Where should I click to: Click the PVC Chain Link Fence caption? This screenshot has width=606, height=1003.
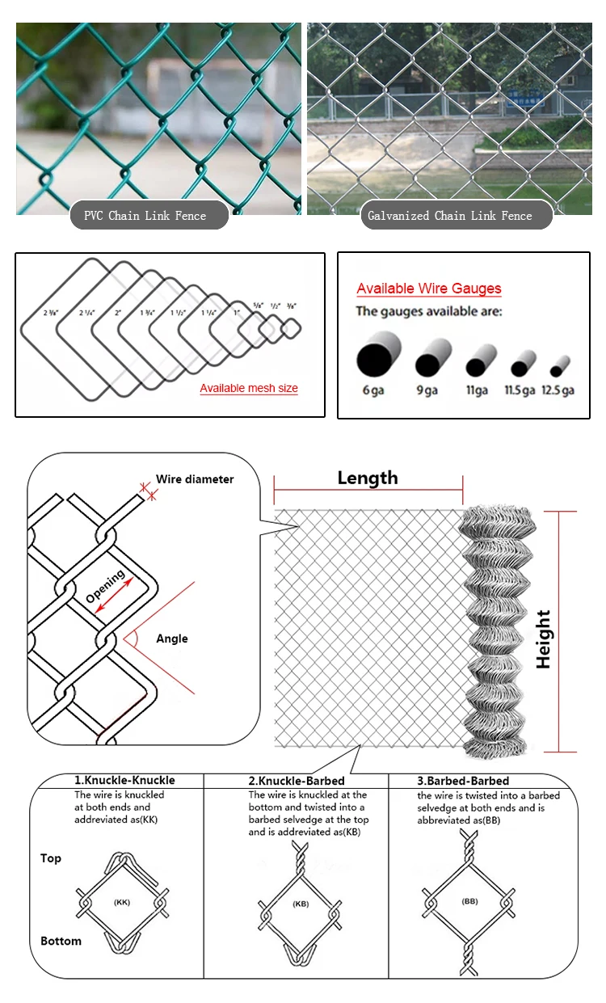click(x=145, y=216)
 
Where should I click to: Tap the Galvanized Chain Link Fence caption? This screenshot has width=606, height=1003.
click(x=450, y=216)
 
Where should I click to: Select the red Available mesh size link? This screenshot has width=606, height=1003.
click(x=249, y=389)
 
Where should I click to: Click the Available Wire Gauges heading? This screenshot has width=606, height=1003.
click(x=429, y=289)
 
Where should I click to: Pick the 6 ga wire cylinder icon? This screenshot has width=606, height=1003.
click(x=378, y=358)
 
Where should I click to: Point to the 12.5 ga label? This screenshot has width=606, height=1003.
click(x=557, y=390)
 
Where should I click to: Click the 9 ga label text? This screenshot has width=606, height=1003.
click(x=427, y=390)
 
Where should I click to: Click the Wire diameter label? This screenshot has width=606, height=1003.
click(x=195, y=479)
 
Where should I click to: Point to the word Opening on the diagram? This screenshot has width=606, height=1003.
click(x=105, y=586)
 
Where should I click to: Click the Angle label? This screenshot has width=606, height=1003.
click(x=172, y=638)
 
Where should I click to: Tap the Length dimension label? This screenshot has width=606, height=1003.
click(x=368, y=478)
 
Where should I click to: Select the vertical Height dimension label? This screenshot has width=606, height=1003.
click(x=544, y=638)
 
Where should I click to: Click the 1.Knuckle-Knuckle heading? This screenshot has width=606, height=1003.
click(x=124, y=781)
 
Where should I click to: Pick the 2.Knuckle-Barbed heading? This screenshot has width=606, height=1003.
click(x=296, y=781)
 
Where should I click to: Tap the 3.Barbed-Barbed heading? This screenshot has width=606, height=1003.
click(x=463, y=781)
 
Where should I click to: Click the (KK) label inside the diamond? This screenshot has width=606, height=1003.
click(x=122, y=902)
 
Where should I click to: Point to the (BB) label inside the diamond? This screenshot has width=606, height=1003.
click(x=469, y=900)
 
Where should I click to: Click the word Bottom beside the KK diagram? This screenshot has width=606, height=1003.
click(x=61, y=941)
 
